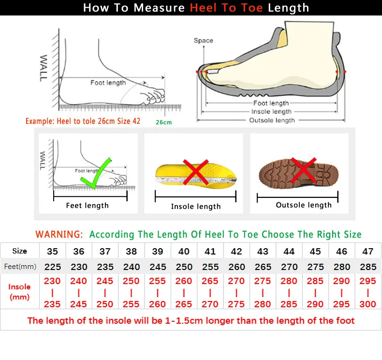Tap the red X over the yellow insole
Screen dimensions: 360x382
click(195, 173)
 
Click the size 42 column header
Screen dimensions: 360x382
click(236, 252)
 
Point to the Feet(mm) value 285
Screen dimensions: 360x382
click(368, 267)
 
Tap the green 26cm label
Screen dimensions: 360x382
click(163, 122)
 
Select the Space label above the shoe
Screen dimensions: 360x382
click(203, 41)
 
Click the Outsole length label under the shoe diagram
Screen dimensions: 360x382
click(271, 120)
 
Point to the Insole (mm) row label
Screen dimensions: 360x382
click(19, 292)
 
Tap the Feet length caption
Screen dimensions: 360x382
click(87, 206)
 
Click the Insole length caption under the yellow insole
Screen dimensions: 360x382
click(195, 207)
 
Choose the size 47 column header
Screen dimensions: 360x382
click(368, 252)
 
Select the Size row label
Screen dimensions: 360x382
click(19, 251)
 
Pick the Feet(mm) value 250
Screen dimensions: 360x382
click(184, 267)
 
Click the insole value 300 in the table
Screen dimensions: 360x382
click(368, 304)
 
